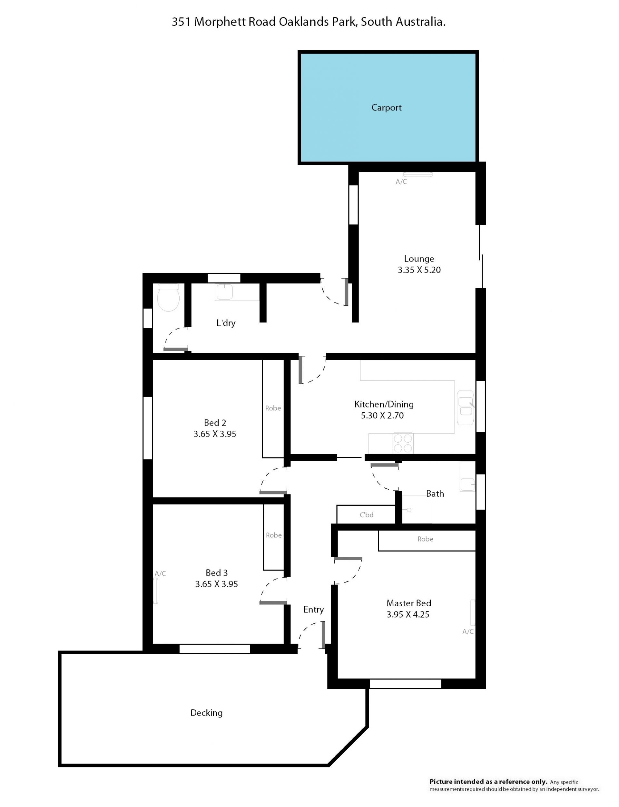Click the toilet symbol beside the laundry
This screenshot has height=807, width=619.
168,297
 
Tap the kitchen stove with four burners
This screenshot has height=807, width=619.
403,443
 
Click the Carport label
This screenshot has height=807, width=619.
386,108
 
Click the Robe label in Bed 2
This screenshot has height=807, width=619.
273,408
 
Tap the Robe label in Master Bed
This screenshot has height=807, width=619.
425,539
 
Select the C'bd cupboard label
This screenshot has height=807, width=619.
367,515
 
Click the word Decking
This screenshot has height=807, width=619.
206,713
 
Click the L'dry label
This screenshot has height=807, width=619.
226,323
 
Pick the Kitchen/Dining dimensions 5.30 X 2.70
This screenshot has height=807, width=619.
382,415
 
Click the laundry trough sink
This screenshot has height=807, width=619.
224,292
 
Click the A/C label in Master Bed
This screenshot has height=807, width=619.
468,631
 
